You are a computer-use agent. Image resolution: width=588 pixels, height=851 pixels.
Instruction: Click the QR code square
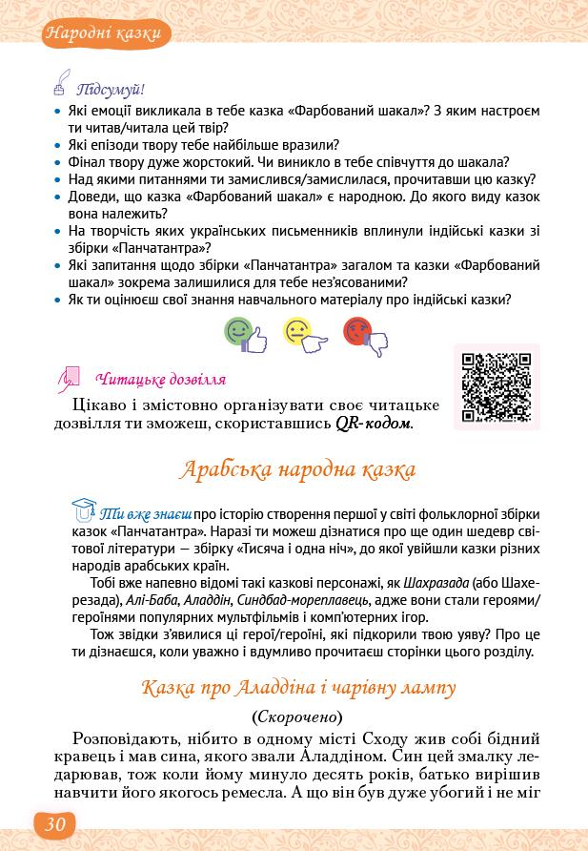[x=496, y=386]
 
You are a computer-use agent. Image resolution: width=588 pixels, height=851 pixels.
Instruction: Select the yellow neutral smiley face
[x=298, y=334]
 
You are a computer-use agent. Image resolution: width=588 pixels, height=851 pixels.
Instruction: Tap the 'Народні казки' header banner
[x=107, y=35]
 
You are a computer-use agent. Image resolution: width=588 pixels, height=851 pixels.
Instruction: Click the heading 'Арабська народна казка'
[x=296, y=470]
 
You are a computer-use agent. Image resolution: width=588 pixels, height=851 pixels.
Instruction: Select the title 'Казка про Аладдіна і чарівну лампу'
[x=297, y=687]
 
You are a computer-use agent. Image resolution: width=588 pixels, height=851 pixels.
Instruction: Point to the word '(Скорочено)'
[x=296, y=715]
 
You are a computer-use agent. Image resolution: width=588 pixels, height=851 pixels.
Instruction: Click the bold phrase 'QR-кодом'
[x=374, y=423]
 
